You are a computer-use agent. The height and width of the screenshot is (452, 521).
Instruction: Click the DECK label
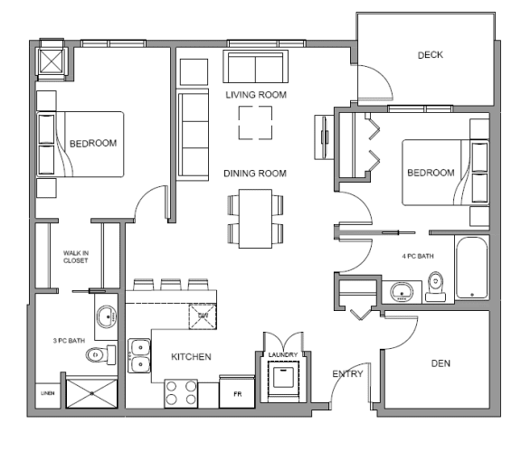point(429,55)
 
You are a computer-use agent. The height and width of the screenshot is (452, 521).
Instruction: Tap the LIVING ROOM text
point(256,94)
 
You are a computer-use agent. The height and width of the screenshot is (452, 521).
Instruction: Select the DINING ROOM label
point(255,174)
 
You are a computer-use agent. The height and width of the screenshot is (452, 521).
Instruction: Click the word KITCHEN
point(191,357)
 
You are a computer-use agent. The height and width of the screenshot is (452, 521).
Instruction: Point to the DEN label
point(440,363)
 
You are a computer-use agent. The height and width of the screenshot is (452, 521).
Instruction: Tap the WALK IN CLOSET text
point(76,257)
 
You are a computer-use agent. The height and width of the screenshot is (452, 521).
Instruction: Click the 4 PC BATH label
point(418,256)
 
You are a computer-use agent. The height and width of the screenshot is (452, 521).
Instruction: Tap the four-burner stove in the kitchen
point(180,393)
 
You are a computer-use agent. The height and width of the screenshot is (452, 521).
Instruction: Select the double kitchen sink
point(139,355)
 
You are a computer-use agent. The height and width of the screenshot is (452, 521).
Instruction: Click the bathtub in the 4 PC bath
point(472,268)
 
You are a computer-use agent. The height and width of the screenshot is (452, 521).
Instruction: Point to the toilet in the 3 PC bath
point(98,354)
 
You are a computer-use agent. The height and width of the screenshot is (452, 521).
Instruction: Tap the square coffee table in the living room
point(255,123)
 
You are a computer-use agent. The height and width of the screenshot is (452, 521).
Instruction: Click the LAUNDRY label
point(281,343)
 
